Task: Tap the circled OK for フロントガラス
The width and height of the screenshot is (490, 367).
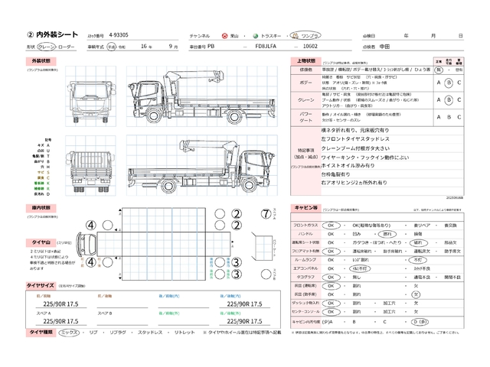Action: tap(332, 226)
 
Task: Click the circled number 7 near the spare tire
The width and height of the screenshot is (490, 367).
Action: tap(266, 213)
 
